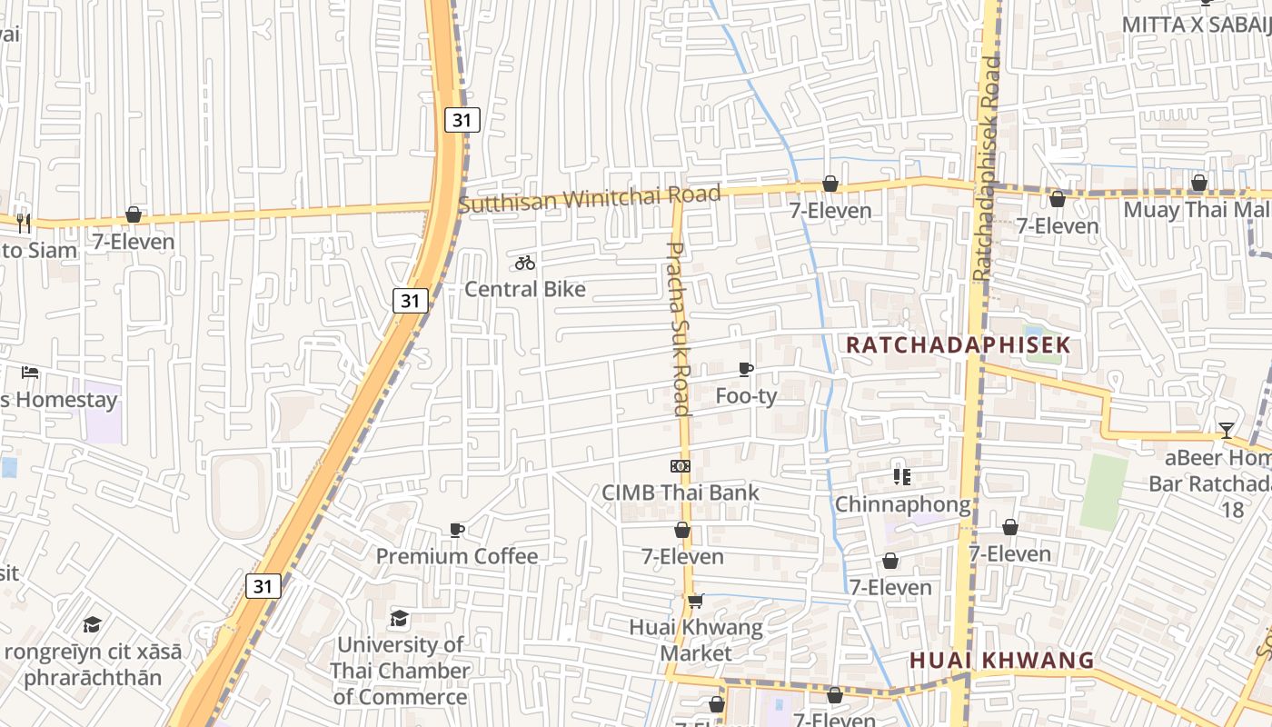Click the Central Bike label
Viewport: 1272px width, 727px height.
coord(525,289)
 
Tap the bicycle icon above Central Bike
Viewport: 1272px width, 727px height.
coord(525,264)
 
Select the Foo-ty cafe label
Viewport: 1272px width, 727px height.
coord(747,396)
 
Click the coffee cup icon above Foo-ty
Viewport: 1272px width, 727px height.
coord(746,369)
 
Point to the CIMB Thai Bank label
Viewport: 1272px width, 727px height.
coord(681,493)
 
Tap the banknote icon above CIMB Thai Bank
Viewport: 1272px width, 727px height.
coord(681,466)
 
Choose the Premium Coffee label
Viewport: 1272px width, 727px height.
coord(457,556)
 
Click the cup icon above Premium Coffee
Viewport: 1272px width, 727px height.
coord(457,530)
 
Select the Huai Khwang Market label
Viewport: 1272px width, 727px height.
coord(696,640)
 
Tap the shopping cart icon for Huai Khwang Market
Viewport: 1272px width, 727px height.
coord(696,601)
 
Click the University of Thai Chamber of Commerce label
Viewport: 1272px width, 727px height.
coord(400,671)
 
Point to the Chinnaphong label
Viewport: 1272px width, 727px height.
coord(902,503)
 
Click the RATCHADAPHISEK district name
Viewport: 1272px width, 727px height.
coord(959,345)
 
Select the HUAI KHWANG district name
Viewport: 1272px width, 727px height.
coord(1002,661)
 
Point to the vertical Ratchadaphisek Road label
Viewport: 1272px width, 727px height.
coord(986,168)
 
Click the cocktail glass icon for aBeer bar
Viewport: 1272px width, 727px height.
coord(1227,430)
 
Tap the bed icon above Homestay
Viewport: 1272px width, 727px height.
coord(30,373)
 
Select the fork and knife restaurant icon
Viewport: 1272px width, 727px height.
coord(24,222)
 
